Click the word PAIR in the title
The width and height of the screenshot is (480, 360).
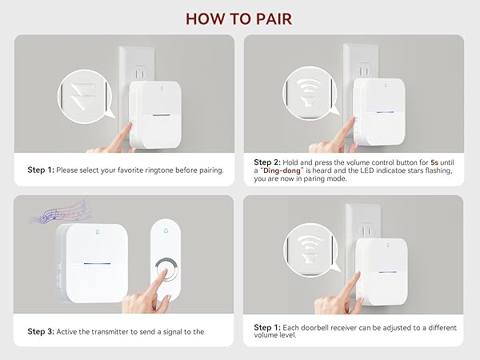(x=274, y=19)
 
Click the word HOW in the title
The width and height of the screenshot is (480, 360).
(x=205, y=19)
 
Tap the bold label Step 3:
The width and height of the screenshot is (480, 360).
(x=41, y=331)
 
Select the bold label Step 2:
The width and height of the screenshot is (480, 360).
(x=267, y=162)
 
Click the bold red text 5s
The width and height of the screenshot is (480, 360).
(x=434, y=162)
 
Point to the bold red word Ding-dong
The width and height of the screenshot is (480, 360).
(x=282, y=170)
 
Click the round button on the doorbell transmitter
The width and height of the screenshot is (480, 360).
(x=166, y=270)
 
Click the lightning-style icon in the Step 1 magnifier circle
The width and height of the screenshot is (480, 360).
(x=83, y=94)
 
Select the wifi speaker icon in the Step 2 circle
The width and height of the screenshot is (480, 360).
(x=310, y=93)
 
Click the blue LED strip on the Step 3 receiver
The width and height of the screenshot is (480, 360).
(x=97, y=263)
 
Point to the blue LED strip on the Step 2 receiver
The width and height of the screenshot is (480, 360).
(x=385, y=112)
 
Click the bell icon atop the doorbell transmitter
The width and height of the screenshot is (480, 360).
(x=166, y=230)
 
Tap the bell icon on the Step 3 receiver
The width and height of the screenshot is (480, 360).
(x=98, y=232)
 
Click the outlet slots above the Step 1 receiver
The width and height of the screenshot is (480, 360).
(x=140, y=74)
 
